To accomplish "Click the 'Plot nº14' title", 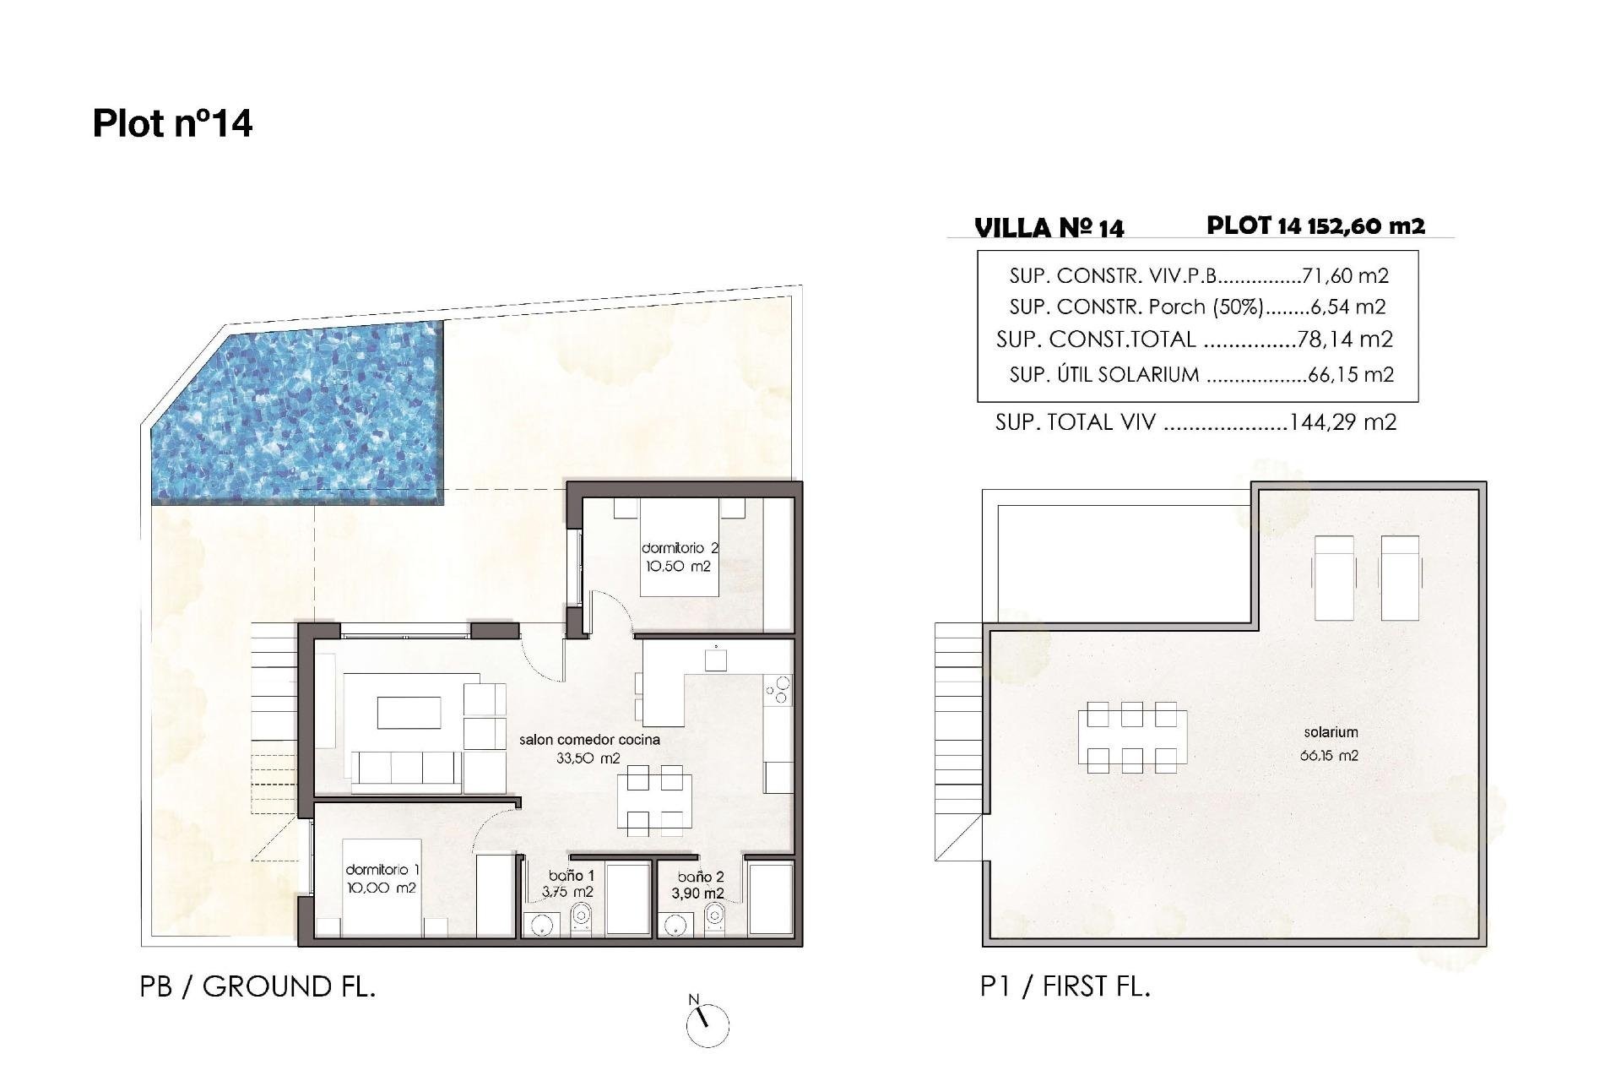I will tap(172, 124).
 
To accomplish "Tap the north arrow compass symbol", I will tap(707, 1024).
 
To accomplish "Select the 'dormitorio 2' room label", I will tap(679, 549).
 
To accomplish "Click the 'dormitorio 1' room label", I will tap(382, 870).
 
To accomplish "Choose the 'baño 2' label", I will tap(700, 877).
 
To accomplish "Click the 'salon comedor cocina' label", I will tap(589, 740).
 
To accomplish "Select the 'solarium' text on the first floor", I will tap(1331, 732).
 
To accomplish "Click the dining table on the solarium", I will tap(1131, 736).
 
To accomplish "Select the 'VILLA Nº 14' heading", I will tap(1049, 228).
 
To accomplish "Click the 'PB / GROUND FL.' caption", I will tap(258, 986).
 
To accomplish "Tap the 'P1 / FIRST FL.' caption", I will tap(1065, 986).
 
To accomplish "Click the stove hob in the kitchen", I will tap(778, 689).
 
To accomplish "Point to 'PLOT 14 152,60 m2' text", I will tap(1315, 225).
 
